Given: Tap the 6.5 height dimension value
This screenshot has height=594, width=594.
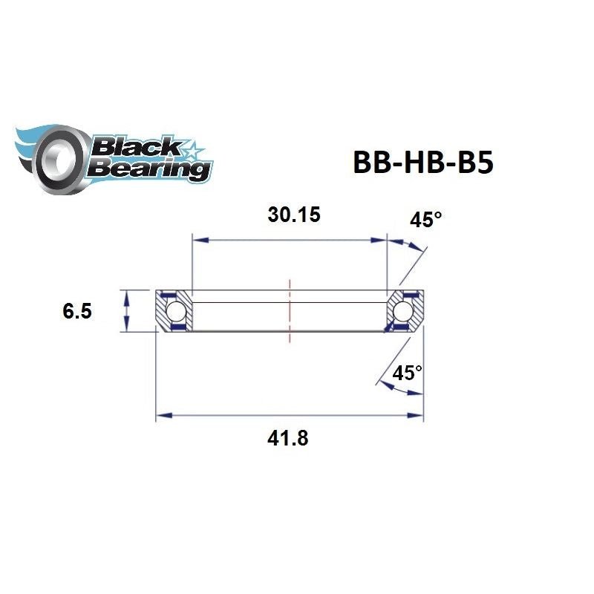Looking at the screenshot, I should click(77, 311).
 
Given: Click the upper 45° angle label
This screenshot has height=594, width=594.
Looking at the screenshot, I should click(425, 220).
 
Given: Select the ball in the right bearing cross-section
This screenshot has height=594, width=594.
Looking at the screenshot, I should click(405, 310).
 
